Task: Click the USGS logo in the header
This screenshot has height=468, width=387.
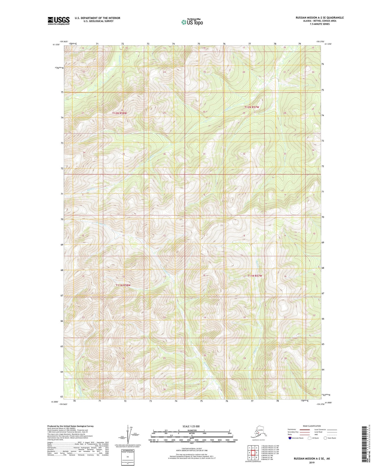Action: (59, 21)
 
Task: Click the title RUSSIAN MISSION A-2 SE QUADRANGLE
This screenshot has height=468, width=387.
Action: (320, 18)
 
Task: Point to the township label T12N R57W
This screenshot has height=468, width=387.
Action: (252, 107)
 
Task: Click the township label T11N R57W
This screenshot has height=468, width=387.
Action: (254, 276)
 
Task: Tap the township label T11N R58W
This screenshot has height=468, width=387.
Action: (123, 285)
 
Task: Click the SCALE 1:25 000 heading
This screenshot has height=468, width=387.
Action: (191, 426)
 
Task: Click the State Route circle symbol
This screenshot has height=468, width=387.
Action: (325, 438)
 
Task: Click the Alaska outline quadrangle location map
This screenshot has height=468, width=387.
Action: (258, 432)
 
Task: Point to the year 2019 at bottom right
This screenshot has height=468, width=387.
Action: (312, 463)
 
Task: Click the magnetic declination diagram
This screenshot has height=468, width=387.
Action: (128, 435)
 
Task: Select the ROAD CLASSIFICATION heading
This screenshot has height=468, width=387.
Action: (312, 426)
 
